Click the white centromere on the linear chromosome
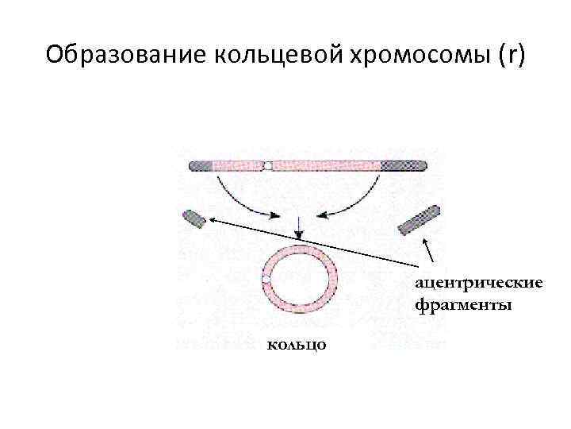click(x=269, y=166)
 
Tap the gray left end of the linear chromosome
click(x=201, y=166)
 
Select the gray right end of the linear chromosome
click(x=404, y=166)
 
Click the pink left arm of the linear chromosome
click(x=238, y=166)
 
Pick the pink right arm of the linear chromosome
click(x=325, y=166)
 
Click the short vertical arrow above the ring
click(x=298, y=227)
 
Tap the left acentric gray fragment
click(x=194, y=218)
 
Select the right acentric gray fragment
click(x=419, y=220)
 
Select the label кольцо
click(x=295, y=345)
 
